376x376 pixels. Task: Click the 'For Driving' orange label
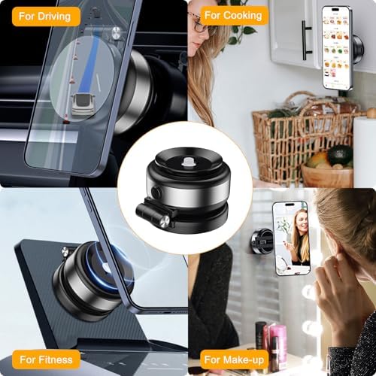point(46,17)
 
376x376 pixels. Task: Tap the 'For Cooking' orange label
point(233,15)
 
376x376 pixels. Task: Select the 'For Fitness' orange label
point(46,359)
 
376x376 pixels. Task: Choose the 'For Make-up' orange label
point(234,359)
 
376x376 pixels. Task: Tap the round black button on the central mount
point(156,193)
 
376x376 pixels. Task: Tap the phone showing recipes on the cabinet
point(337,47)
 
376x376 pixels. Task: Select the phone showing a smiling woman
point(292,238)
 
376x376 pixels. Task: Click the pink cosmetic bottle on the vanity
point(276,338)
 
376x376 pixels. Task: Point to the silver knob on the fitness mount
point(66,251)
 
